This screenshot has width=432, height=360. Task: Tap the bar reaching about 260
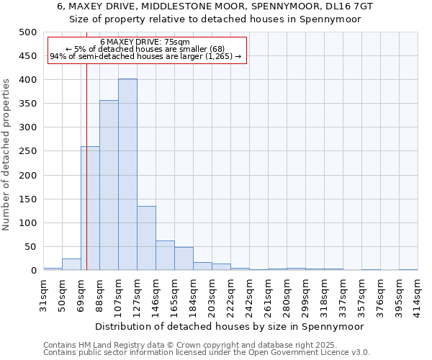pos(90,208)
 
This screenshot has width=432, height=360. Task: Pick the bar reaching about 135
pos(146,238)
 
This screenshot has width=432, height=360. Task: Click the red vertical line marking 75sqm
pos(86,158)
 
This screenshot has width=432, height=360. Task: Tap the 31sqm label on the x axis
pos(44,291)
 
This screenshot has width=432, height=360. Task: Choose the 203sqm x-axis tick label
pos(212,292)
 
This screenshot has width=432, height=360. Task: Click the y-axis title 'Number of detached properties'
pos(7,151)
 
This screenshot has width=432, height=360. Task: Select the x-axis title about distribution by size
pos(230,326)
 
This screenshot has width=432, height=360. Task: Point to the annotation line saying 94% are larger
pos(145,57)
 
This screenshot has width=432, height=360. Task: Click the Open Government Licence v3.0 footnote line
pos(207,353)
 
